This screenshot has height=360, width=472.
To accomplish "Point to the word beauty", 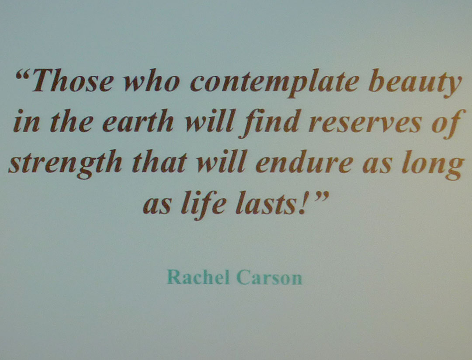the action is tap(415, 84).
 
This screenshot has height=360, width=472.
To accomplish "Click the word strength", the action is tap(65, 164).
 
